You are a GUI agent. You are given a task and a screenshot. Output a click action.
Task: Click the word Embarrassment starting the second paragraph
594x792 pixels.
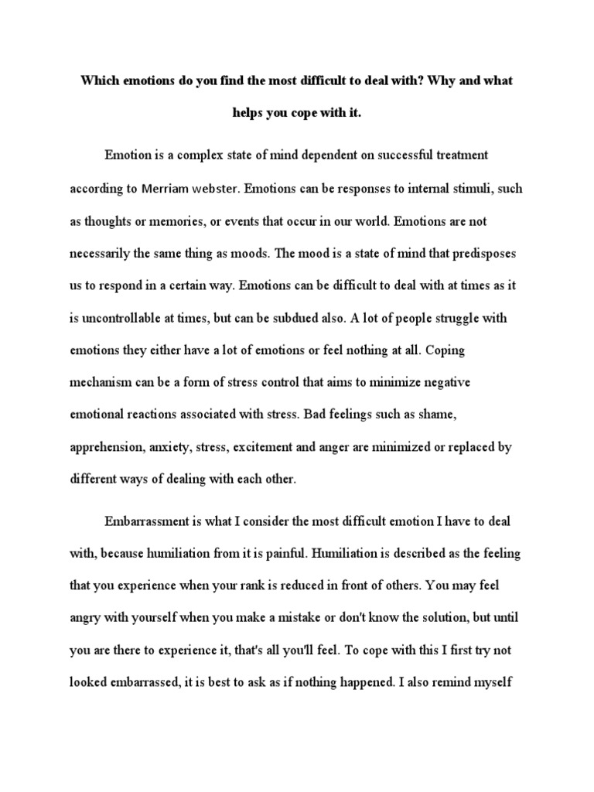pos(148,522)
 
